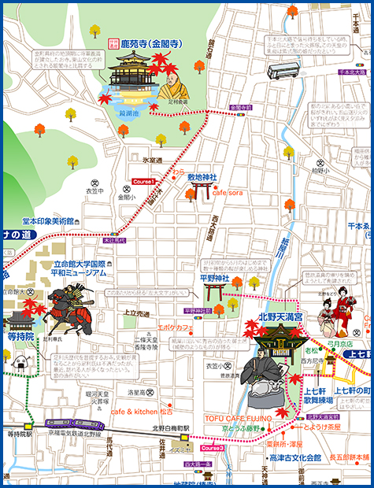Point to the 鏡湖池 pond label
(x=128, y=113)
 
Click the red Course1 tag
(x=144, y=182)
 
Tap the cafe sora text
(x=227, y=192)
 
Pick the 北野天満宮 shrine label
(x=271, y=316)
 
